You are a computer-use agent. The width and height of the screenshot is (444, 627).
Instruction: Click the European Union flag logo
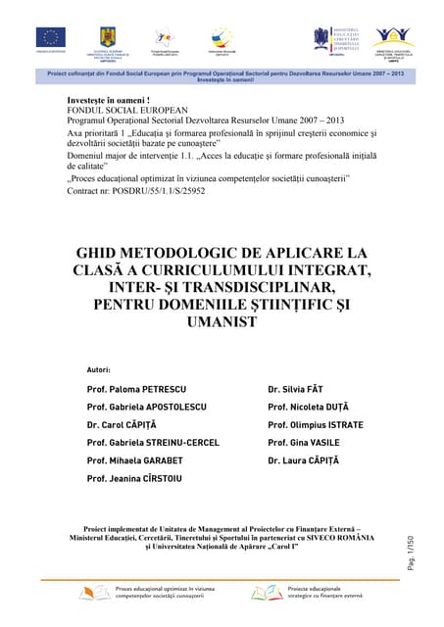pyautogui.click(x=50, y=38)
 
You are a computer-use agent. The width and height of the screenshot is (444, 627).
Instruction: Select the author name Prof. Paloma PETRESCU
pyautogui.click(x=137, y=390)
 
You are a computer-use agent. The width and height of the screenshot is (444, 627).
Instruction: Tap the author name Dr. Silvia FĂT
pyautogui.click(x=294, y=390)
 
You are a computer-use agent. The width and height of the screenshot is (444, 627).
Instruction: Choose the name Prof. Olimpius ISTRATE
pyautogui.click(x=315, y=425)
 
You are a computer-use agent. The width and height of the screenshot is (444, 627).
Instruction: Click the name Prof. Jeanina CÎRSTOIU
pyautogui.click(x=140, y=478)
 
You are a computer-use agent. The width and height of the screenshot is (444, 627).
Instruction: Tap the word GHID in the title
pyautogui.click(x=101, y=253)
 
